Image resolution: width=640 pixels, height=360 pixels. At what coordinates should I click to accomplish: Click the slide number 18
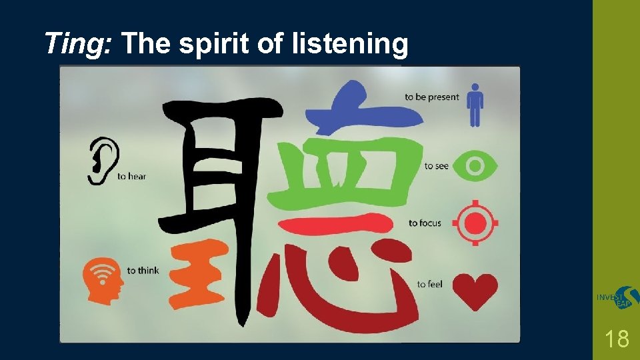(x=618, y=339)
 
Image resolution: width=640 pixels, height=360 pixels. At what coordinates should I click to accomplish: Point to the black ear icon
(x=103, y=161)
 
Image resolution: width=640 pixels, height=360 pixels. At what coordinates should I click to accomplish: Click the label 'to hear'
(x=131, y=177)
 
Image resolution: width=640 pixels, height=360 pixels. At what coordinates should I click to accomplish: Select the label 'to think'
(x=143, y=271)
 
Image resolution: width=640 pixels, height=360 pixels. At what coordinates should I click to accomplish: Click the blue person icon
(x=475, y=105)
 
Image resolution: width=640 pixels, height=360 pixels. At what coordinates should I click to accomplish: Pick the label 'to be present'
(x=432, y=97)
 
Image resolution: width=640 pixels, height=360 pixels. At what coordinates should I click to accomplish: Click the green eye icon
(x=475, y=165)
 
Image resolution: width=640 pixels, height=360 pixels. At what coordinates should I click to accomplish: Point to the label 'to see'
(x=436, y=166)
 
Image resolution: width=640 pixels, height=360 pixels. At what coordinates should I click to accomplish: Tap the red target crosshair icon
(x=475, y=223)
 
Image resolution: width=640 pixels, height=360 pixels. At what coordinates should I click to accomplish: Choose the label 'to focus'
(x=425, y=223)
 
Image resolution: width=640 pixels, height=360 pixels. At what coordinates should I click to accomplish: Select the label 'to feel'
(x=429, y=285)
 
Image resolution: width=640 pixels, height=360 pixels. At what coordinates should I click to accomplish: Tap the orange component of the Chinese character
(x=196, y=273)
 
